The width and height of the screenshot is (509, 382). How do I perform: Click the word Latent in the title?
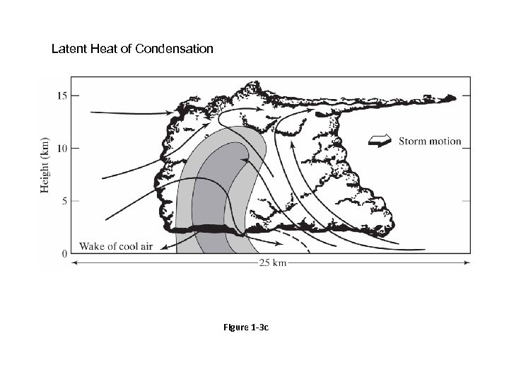click(68, 50)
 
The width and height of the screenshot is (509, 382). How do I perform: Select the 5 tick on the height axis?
click(64, 201)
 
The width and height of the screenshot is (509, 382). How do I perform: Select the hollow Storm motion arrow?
click(380, 141)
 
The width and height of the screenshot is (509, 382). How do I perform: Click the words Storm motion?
click(429, 141)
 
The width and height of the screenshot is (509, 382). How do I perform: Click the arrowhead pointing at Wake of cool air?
click(164, 247)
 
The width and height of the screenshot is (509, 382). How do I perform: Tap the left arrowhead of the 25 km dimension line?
click(74, 264)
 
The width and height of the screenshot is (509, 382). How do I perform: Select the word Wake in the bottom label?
click(92, 246)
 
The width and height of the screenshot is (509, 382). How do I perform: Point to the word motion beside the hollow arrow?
click(445, 141)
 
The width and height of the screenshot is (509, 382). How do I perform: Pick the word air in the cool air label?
click(147, 246)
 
